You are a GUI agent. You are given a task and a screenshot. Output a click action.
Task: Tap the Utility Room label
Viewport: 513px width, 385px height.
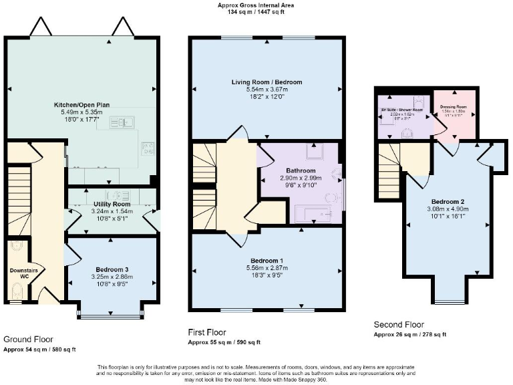[112, 203]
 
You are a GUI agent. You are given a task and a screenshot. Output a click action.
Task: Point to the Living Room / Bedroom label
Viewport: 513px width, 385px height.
[267, 82]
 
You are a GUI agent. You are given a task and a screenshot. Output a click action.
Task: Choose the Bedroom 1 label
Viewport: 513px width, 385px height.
[267, 260]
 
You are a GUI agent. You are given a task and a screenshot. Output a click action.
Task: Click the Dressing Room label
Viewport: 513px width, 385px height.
[454, 107]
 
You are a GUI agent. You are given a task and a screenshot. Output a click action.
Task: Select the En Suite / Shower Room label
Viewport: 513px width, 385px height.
[401, 110]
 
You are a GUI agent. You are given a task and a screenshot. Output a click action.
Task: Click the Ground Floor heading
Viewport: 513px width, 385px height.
[28, 340]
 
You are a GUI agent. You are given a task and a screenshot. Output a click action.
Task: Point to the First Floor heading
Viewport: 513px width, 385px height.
[207, 332]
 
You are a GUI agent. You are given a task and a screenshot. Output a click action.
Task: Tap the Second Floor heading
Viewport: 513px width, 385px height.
[399, 325]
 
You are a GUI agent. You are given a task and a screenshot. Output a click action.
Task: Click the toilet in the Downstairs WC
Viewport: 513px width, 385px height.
[18, 291]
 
